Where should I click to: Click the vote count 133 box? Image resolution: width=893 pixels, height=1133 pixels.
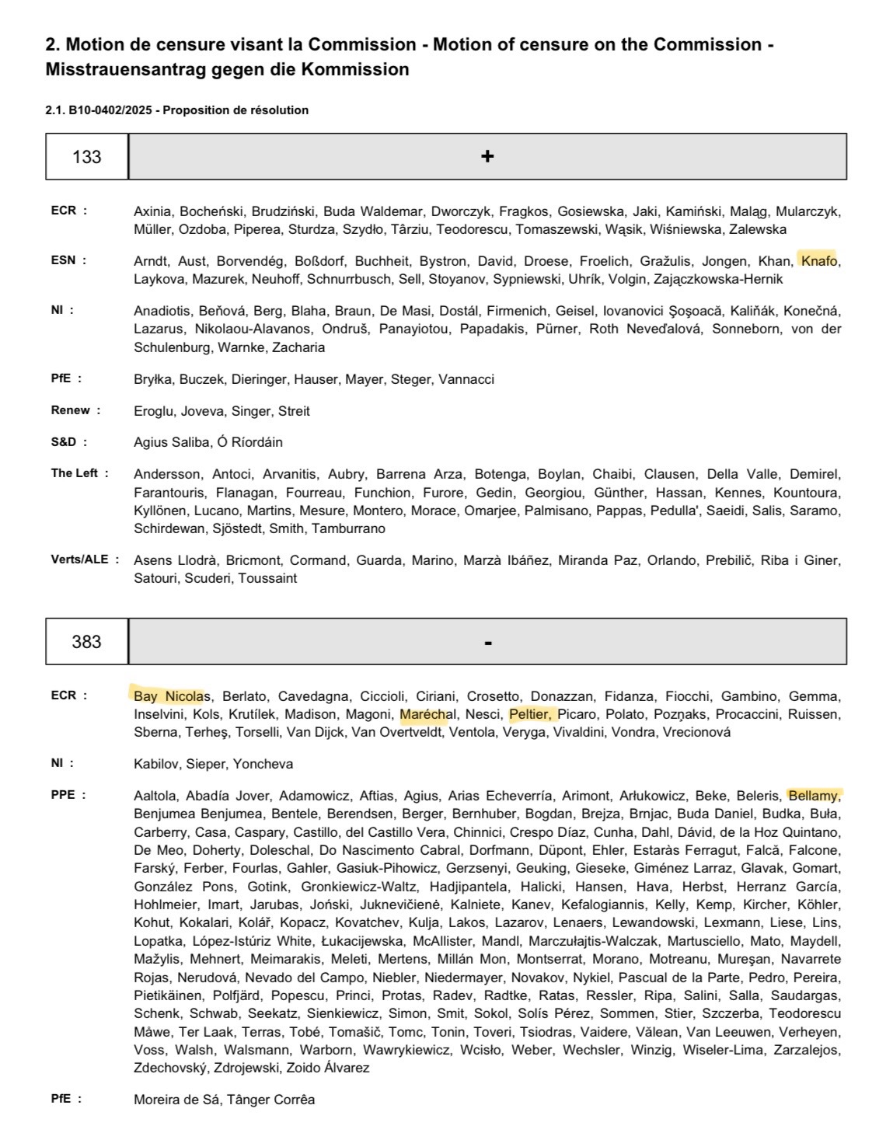87,157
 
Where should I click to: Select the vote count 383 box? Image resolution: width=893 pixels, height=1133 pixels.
87,642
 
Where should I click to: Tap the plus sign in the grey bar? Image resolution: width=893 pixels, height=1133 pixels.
487,157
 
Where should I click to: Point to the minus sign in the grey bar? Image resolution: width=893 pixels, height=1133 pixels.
487,643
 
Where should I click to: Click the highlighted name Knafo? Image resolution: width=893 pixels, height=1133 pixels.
819,261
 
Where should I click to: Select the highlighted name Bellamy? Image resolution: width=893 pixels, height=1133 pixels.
814,796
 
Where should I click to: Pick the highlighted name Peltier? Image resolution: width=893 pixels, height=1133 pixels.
531,714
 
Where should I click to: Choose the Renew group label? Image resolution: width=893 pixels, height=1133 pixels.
71,410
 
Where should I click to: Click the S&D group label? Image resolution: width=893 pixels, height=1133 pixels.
65,442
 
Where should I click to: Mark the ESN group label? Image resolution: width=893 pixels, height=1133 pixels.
64,260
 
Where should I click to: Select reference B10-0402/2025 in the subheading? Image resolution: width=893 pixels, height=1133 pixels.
111,110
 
